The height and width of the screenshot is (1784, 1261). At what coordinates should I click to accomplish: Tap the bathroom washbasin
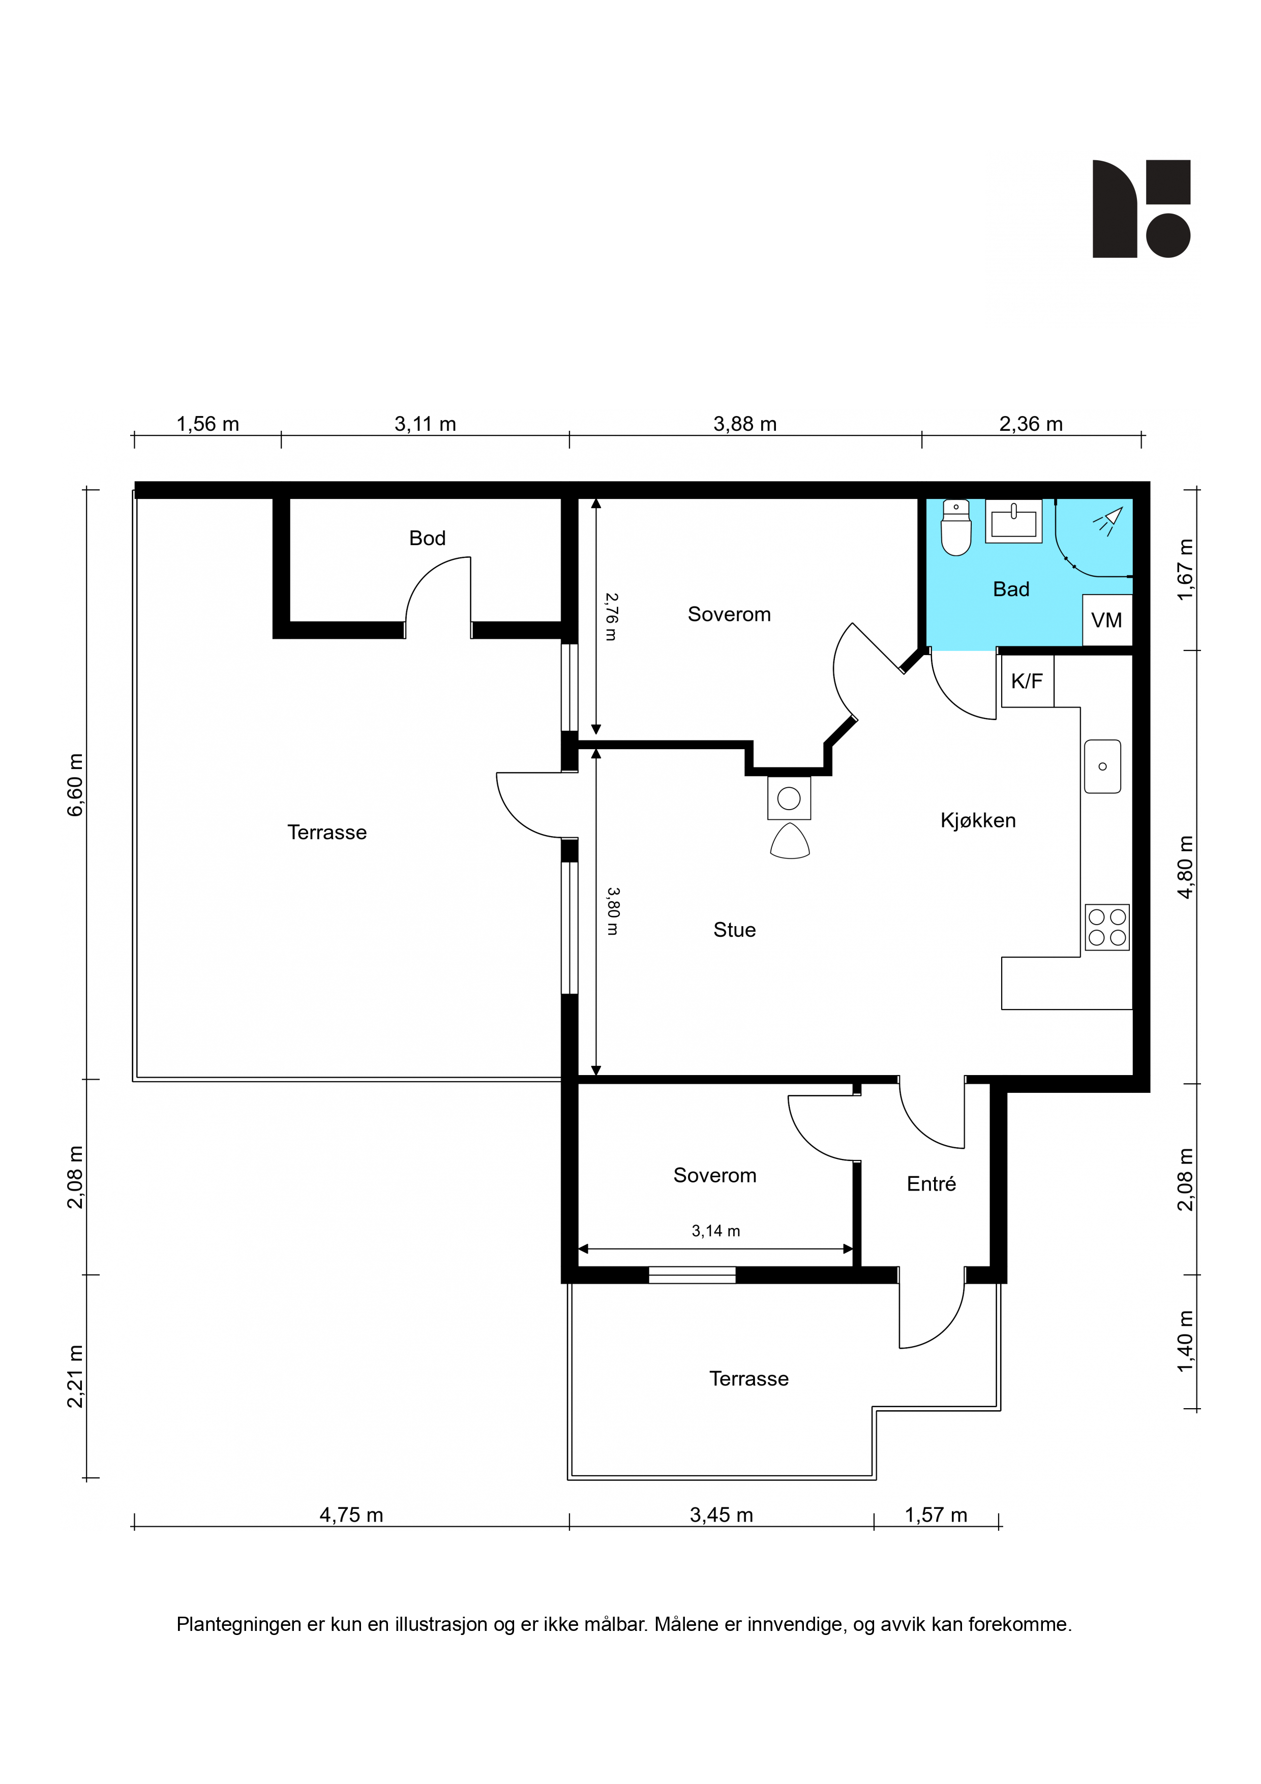click(x=1014, y=521)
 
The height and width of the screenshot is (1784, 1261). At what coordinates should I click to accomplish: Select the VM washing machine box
click(x=1107, y=620)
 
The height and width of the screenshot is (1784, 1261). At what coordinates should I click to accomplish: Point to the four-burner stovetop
click(x=1107, y=928)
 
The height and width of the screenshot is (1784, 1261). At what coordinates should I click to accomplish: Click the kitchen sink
click(x=1102, y=766)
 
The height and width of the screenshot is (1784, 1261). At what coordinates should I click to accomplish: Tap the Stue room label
click(x=734, y=930)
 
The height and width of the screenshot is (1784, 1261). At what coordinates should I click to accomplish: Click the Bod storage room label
click(x=427, y=539)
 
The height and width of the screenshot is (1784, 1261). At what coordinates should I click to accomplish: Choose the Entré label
click(x=931, y=1184)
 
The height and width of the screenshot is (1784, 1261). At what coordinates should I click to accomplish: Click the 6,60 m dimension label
click(x=75, y=785)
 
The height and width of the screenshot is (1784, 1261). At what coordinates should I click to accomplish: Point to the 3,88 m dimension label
click(x=745, y=424)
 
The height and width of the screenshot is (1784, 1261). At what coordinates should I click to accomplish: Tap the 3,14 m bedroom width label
click(x=715, y=1231)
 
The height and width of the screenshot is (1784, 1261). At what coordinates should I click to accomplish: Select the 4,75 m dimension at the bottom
click(x=351, y=1515)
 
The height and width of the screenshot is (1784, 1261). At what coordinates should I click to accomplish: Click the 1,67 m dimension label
click(x=1185, y=570)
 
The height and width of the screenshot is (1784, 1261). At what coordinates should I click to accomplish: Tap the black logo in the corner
click(x=1142, y=209)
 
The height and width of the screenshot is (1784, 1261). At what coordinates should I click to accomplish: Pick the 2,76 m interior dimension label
click(x=612, y=617)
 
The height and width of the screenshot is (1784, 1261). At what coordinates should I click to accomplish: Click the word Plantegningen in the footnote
click(x=238, y=1625)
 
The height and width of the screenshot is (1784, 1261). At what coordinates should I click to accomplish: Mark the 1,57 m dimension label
click(x=936, y=1515)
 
